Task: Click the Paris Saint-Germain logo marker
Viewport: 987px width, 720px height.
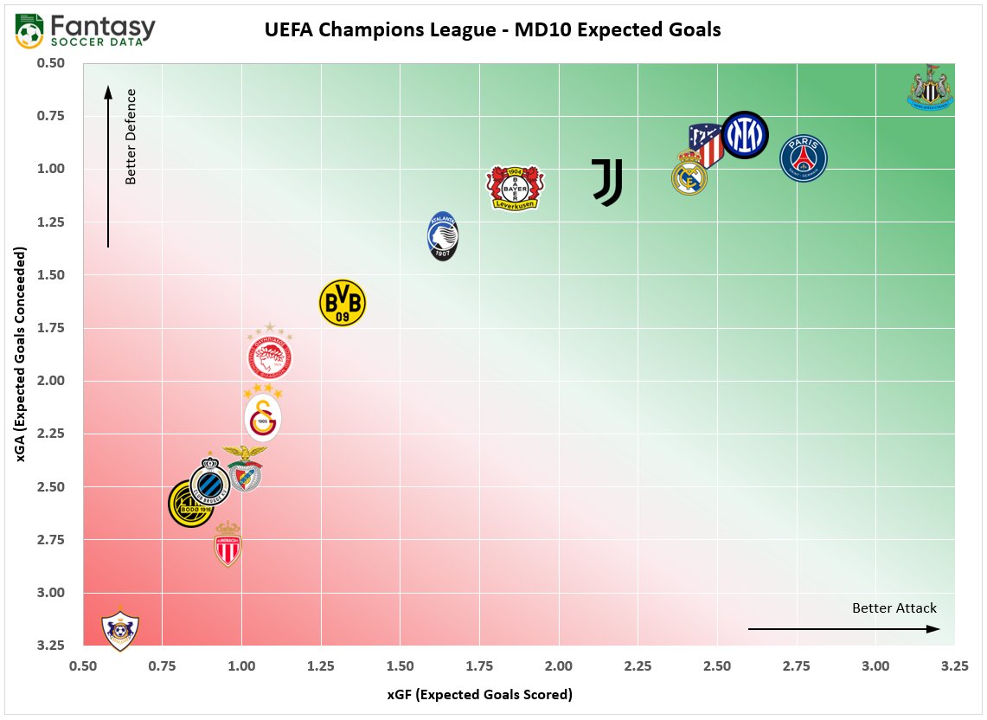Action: click(804, 158)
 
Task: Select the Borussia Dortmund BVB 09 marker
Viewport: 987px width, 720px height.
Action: click(343, 303)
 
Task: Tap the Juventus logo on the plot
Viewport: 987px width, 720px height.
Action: click(607, 182)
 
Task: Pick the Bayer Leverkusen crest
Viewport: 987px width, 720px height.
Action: click(515, 188)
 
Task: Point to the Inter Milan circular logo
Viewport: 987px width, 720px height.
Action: click(744, 134)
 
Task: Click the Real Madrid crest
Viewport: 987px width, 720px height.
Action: click(689, 173)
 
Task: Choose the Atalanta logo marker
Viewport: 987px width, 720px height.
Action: click(444, 236)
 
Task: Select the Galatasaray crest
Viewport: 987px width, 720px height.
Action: click(262, 417)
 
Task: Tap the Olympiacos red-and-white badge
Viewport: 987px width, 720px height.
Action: click(270, 355)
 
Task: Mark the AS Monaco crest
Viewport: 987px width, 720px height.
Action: click(228, 544)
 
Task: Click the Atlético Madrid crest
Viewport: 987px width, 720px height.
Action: click(706, 145)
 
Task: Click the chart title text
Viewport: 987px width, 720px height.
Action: click(492, 30)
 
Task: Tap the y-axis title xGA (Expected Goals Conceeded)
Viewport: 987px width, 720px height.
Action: click(21, 354)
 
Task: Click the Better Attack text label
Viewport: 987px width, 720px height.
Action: click(894, 607)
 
